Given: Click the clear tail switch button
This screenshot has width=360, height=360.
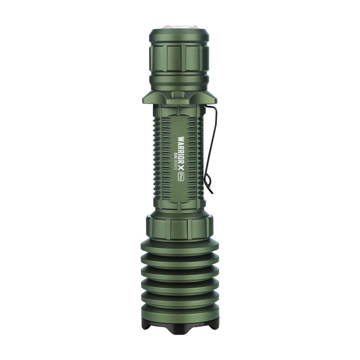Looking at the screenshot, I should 179,27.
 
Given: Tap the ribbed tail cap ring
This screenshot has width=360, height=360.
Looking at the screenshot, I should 179,58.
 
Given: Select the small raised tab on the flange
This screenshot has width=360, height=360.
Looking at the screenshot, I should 178,95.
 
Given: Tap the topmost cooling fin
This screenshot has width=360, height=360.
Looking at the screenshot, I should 180,246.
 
